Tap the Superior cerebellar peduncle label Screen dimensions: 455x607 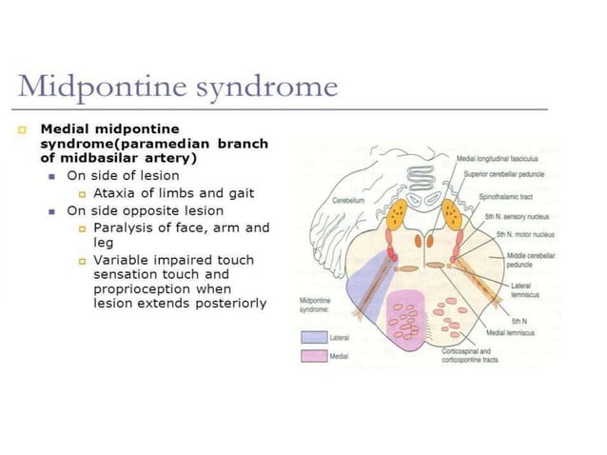[504, 174]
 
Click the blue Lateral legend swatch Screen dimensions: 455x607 [313, 338]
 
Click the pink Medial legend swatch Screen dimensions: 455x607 [313, 356]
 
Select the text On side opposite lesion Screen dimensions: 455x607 [145, 210]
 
